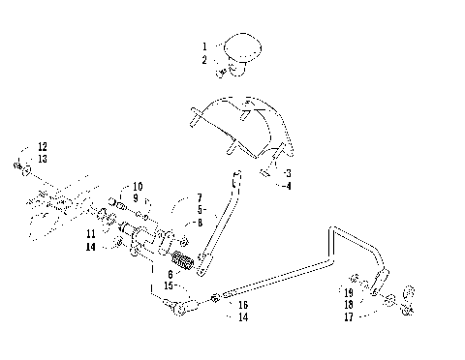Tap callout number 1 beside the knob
click(204, 45)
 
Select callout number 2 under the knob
click(204, 59)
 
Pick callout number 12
click(42, 146)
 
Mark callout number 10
click(137, 185)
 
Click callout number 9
click(137, 197)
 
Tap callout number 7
click(199, 197)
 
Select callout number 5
click(199, 209)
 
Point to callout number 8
click(199, 222)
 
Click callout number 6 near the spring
click(172, 274)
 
